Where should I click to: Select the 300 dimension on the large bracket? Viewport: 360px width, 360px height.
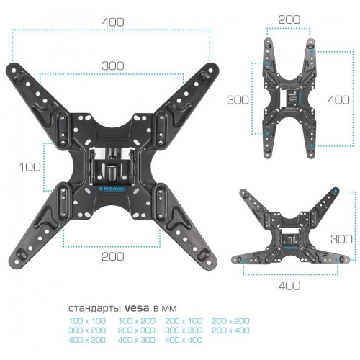112,66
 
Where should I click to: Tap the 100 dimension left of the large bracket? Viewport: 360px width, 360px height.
29,167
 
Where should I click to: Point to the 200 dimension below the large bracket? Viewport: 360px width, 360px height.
112,256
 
